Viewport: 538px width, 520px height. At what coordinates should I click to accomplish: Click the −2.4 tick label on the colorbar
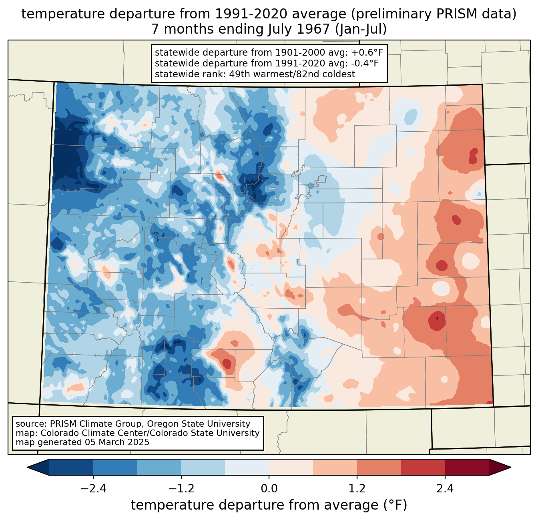pyautogui.click(x=93, y=489)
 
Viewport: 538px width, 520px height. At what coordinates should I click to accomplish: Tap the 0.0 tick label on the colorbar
pyautogui.click(x=269, y=489)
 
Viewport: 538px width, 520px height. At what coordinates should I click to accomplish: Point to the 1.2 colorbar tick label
pyautogui.click(x=357, y=489)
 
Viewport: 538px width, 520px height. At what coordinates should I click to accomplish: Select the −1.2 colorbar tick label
pyautogui.click(x=181, y=489)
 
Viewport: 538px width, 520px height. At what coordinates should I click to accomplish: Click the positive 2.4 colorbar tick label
pyautogui.click(x=445, y=489)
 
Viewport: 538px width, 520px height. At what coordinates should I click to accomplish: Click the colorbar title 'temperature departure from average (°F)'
pyautogui.click(x=269, y=505)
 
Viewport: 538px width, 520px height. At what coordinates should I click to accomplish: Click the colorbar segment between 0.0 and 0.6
pyautogui.click(x=291, y=467)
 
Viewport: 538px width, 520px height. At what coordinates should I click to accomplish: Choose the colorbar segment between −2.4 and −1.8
pyautogui.click(x=115, y=467)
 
